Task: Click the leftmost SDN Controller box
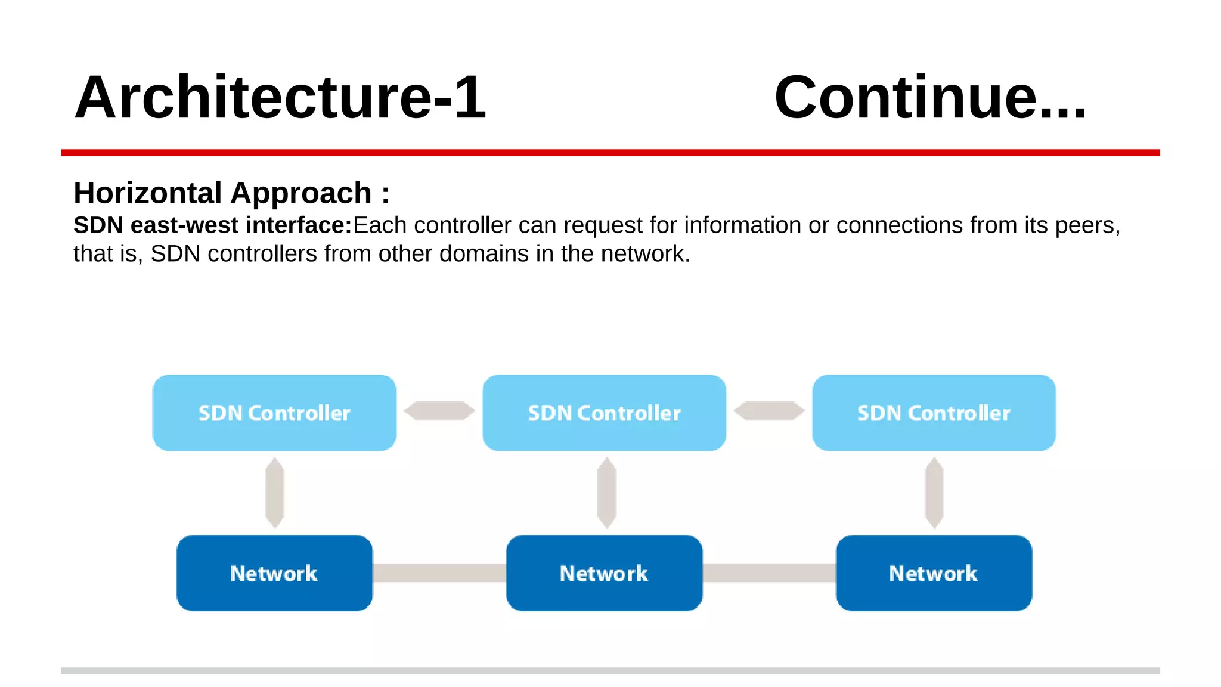(274, 413)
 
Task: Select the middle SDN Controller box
(604, 413)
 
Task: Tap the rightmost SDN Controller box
(934, 413)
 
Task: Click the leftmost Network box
(274, 573)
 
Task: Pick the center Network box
(604, 573)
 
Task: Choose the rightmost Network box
(934, 573)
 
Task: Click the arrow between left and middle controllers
(439, 411)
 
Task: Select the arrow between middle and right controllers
(769, 411)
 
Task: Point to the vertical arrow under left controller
(274, 493)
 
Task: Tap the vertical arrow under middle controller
(606, 493)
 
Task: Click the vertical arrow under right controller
(934, 493)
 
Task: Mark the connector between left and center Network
(439, 573)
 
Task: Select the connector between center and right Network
(769, 573)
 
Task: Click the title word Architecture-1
(280, 97)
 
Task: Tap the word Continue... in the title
(930, 97)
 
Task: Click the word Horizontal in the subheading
(147, 193)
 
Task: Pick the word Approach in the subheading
(301, 193)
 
